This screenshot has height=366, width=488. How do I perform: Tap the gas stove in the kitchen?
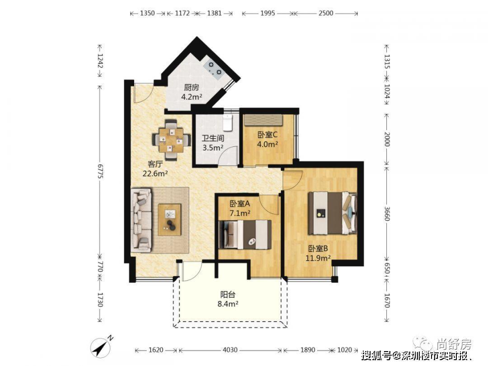click(214, 69)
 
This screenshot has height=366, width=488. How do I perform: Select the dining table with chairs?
click(171, 140)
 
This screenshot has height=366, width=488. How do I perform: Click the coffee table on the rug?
click(169, 220)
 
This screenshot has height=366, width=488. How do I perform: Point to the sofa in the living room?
click(142, 220)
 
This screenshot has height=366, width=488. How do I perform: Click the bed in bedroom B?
click(332, 213)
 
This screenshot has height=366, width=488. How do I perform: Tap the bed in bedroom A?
click(245, 235)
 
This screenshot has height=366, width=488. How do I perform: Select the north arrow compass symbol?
click(101, 347)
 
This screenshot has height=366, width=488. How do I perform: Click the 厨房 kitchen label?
click(191, 88)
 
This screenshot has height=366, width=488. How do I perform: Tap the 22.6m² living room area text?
click(155, 174)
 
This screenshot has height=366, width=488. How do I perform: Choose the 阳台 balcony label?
click(228, 295)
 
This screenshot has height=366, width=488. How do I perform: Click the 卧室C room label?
click(267, 135)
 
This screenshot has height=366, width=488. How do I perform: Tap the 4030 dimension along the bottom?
click(230, 350)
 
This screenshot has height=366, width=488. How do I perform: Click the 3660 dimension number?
click(387, 213)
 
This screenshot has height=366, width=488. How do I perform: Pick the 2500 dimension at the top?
click(325, 13)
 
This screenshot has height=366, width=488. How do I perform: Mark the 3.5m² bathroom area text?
click(213, 147)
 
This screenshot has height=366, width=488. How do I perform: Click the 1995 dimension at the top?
click(267, 13)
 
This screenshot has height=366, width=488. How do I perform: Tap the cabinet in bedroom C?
click(263, 120)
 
